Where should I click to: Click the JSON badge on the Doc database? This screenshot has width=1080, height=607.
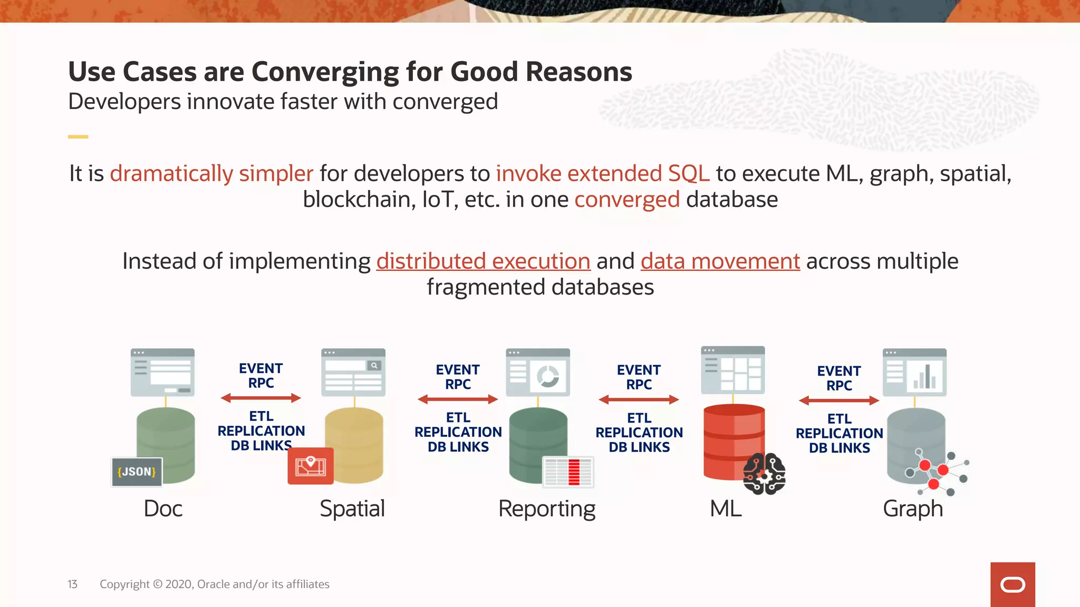[x=137, y=472]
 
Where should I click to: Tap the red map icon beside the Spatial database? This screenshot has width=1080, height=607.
[x=310, y=466]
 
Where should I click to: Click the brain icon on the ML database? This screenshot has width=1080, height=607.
[x=764, y=474]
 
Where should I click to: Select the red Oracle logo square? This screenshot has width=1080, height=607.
[x=1012, y=584]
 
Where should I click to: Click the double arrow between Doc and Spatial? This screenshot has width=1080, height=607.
[x=261, y=398]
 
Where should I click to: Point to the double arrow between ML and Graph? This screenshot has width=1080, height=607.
[x=838, y=400]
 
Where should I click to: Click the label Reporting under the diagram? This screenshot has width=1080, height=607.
[x=547, y=509]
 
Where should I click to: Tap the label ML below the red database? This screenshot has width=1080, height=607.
[x=726, y=509]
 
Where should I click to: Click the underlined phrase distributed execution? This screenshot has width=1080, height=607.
[x=483, y=261]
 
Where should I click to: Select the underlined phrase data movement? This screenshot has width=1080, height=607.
[x=720, y=261]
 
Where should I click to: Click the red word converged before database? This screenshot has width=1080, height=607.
[x=626, y=200]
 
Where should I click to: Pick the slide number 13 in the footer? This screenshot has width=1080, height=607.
[x=72, y=584]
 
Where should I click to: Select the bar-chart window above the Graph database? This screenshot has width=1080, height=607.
[x=914, y=372]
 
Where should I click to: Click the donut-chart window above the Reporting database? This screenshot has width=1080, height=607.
[x=537, y=372]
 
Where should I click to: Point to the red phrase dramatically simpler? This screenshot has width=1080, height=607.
[x=211, y=174]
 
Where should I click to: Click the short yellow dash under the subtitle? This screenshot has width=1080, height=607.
[x=78, y=136]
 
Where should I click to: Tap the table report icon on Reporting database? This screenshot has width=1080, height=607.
[x=568, y=472]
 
